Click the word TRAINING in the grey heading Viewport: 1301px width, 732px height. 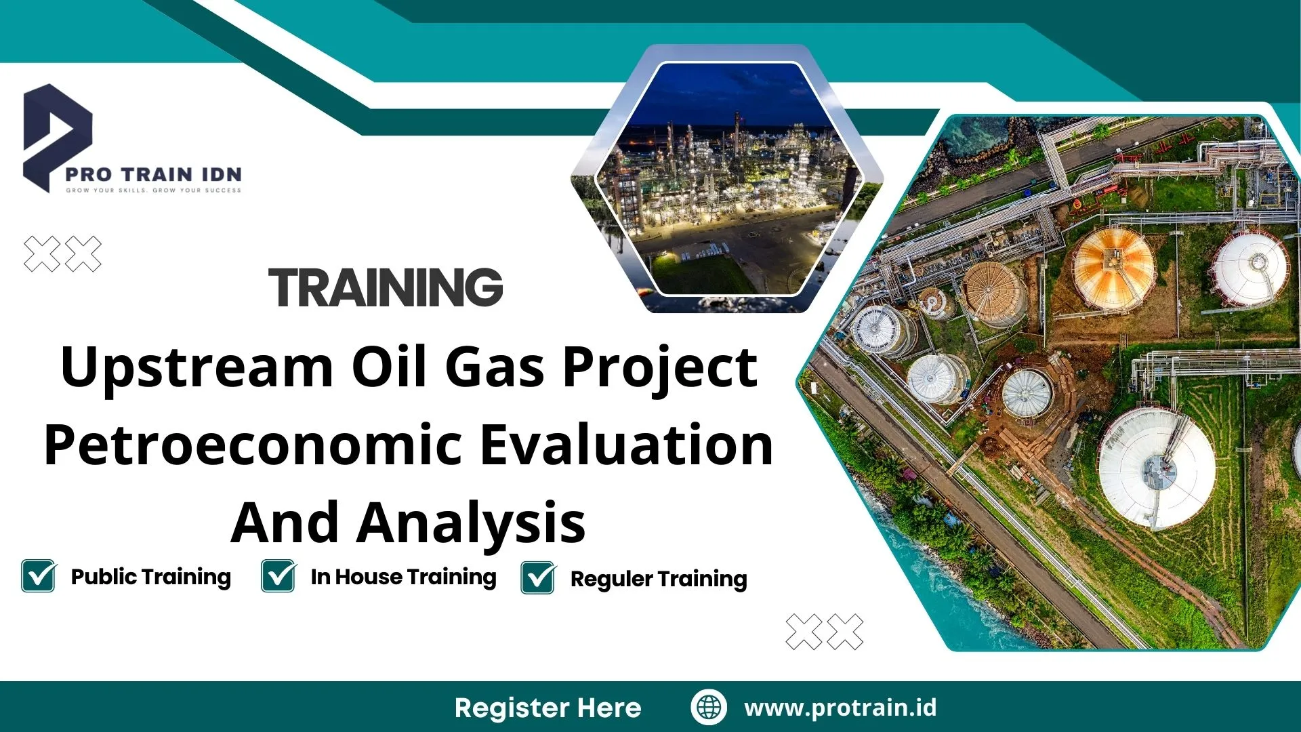tap(386, 287)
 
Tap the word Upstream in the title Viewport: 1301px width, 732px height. tap(197, 368)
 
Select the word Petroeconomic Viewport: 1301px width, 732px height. tap(253, 445)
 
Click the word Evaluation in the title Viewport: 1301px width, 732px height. tap(627, 445)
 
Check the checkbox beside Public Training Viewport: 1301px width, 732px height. tap(39, 576)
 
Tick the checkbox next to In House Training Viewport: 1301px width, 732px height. tap(278, 576)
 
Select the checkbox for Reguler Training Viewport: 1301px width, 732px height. tap(538, 577)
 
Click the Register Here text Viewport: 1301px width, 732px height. tap(548, 708)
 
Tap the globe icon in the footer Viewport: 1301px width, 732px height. tap(709, 707)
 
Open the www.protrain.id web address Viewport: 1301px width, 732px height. tap(840, 708)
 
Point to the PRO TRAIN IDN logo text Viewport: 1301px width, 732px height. tap(153, 174)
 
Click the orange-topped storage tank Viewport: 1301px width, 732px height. tap(1113, 268)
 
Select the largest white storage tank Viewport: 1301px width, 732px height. tap(1157, 466)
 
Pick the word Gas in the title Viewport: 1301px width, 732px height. tap(495, 368)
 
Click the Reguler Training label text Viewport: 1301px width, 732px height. tap(659, 579)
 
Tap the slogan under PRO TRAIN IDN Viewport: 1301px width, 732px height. tap(153, 190)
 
